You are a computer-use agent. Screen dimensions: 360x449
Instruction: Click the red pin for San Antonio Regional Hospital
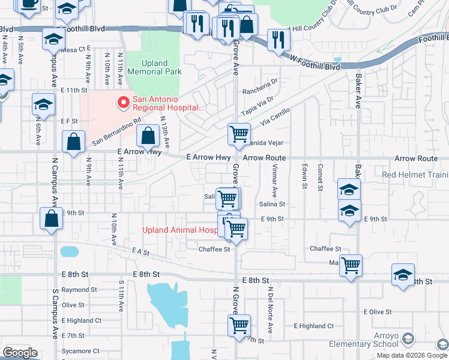click(124, 103)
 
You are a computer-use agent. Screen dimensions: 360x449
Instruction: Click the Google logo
click(20, 353)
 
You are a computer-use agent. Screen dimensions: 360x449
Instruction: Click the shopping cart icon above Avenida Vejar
click(239, 133)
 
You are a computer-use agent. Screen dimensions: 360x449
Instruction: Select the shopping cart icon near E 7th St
click(239, 326)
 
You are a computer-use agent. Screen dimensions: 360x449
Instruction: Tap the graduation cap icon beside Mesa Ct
click(53, 40)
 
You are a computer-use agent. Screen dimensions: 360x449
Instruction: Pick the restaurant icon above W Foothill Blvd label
click(278, 39)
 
